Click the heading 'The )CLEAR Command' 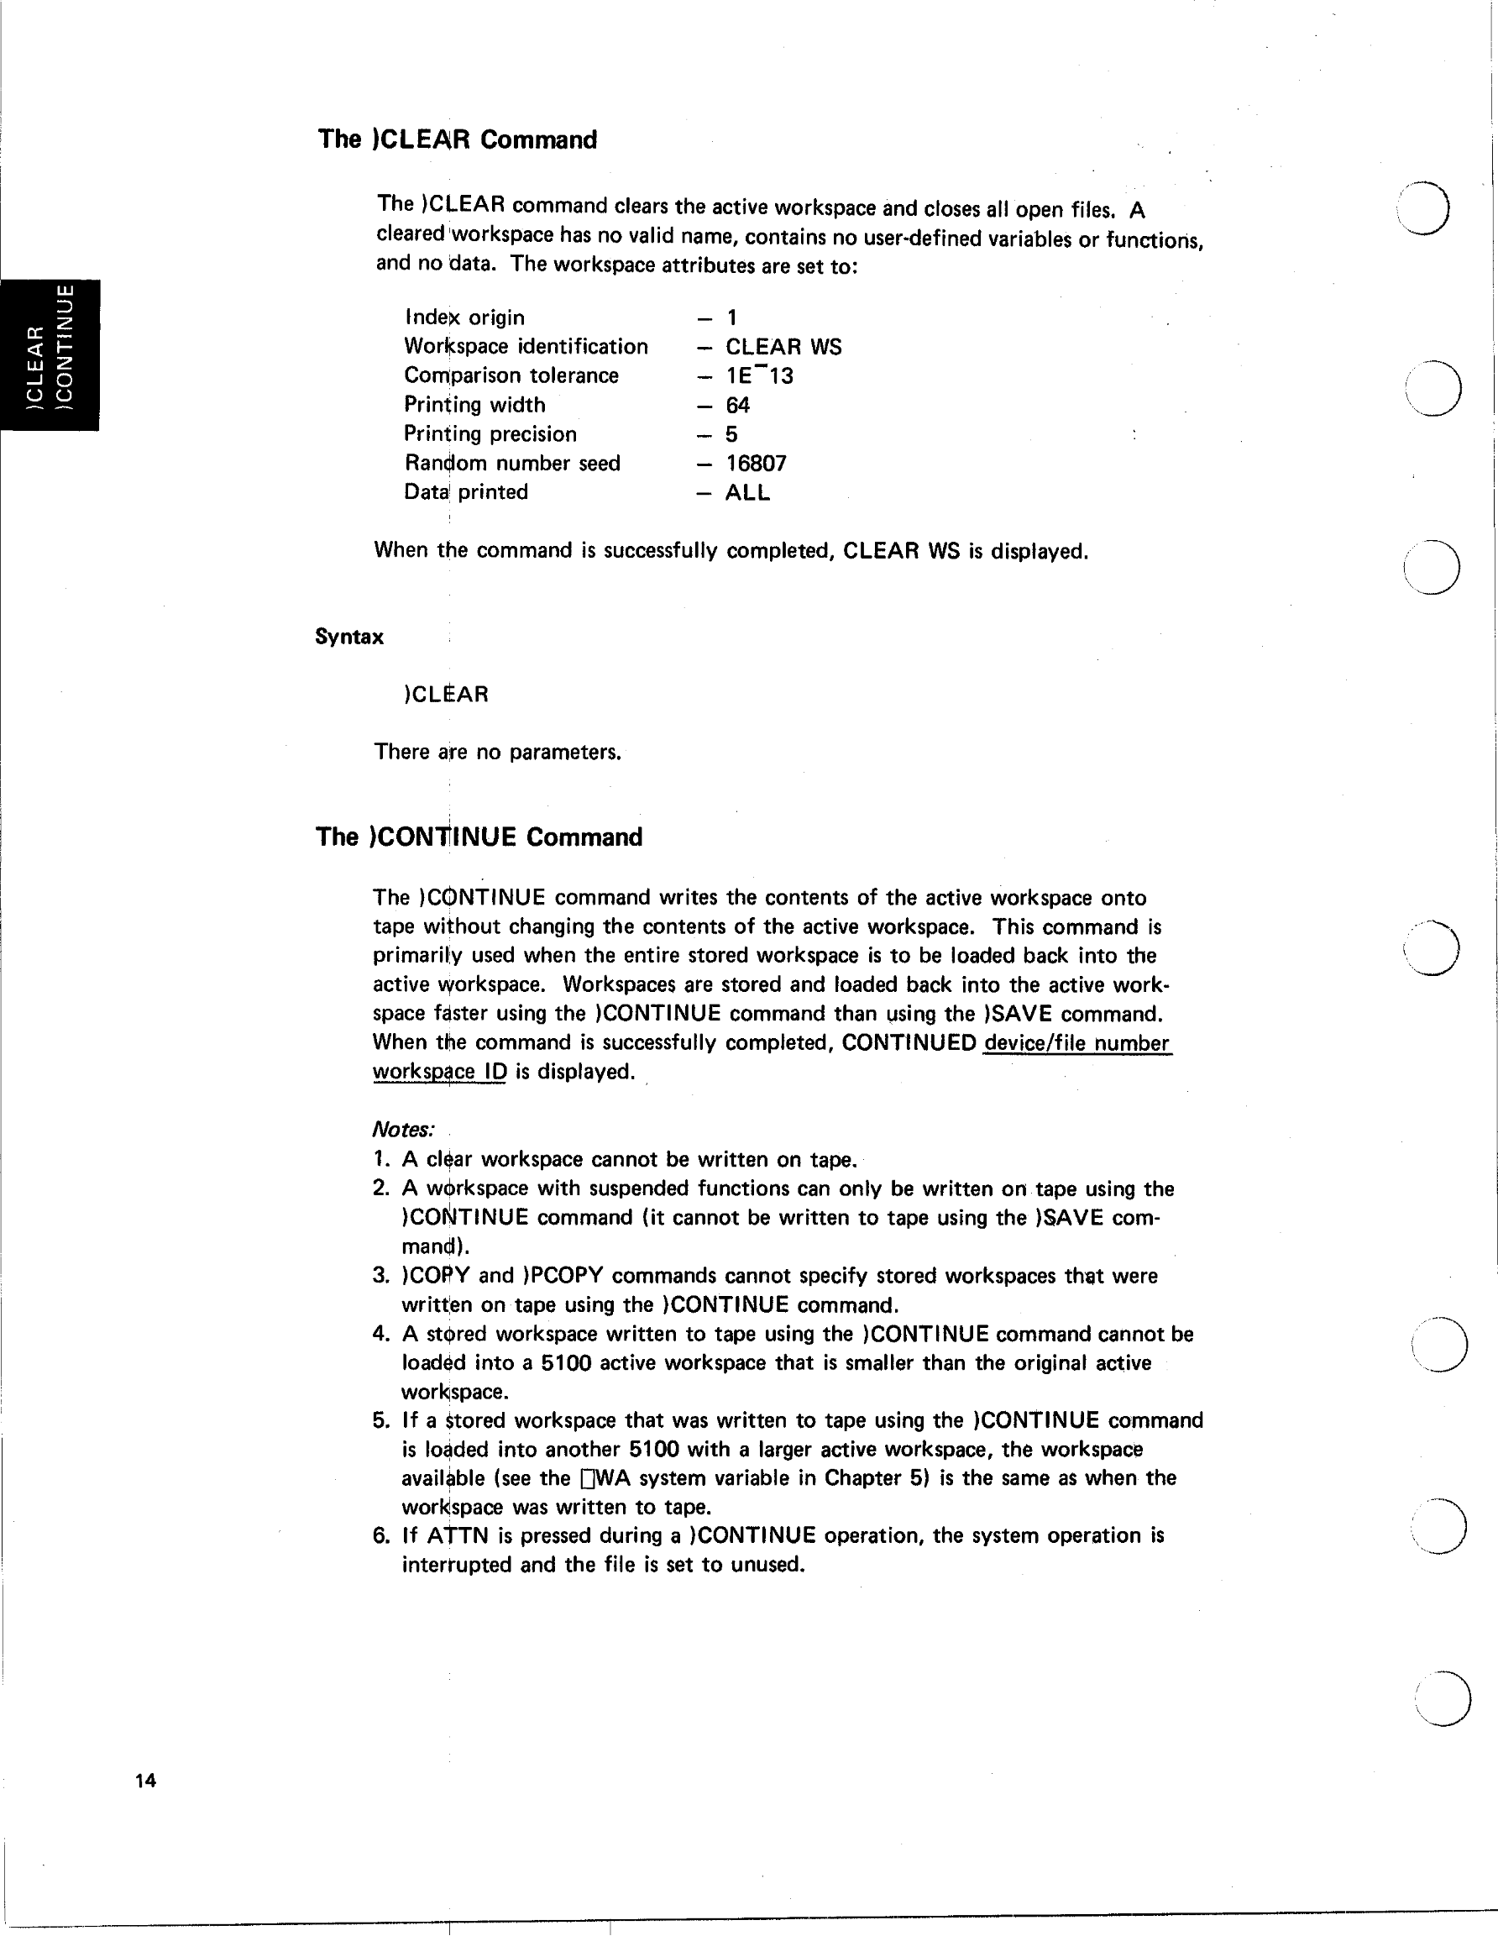pos(458,140)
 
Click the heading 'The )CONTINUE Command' pos(479,837)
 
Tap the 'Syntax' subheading pos(349,637)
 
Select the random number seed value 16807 pos(756,464)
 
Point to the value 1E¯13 pos(760,375)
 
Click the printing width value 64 pos(737,405)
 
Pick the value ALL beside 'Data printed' pos(747,493)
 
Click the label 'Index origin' pos(464,317)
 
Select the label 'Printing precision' pos(490,434)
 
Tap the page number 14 pos(145,1780)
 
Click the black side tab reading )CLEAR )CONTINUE pos(50,355)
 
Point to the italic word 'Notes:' pos(403,1131)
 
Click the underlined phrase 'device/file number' pos(1076,1043)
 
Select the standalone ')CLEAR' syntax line pos(446,694)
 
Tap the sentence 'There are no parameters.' pos(497,753)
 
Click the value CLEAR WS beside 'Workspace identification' pos(783,347)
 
